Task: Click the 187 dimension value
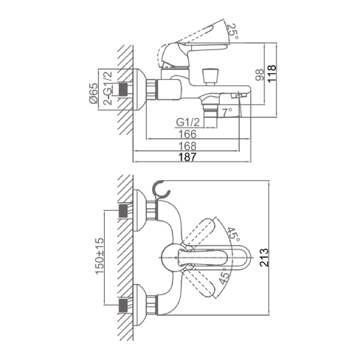(187, 157)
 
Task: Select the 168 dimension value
(187, 146)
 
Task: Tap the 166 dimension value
(187, 134)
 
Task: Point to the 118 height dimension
(271, 74)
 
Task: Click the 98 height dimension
(260, 75)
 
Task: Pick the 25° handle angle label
(232, 31)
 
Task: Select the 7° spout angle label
(226, 113)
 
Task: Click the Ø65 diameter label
(93, 94)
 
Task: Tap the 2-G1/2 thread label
(108, 88)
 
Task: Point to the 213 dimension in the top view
(264, 257)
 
